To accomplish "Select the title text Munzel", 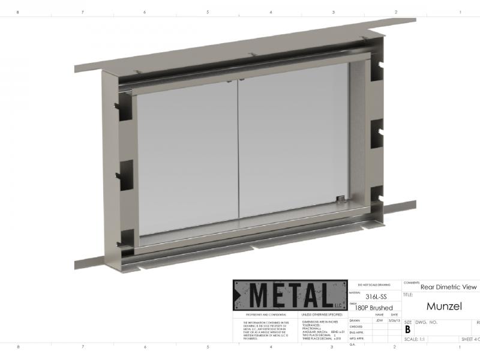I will pos(445,307).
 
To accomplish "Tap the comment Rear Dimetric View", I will pos(448,287).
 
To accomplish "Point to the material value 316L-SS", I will pos(377,296).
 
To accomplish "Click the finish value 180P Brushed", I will pos(373,308).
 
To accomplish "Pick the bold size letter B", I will pos(408,329).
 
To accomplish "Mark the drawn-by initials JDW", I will pos(379,321).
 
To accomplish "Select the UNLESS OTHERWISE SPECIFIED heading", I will pos(322,314).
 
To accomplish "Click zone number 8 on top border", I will pos(17,12).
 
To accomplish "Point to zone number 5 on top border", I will pos(208,12).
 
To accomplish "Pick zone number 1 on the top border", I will pos(460,12).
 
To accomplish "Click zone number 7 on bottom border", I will pos(83,347).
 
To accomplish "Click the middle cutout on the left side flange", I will pos(127,174).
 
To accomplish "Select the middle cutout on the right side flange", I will pos(376,130).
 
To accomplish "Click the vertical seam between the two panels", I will pos(238,150).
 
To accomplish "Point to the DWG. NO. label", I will pos(427,322).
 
